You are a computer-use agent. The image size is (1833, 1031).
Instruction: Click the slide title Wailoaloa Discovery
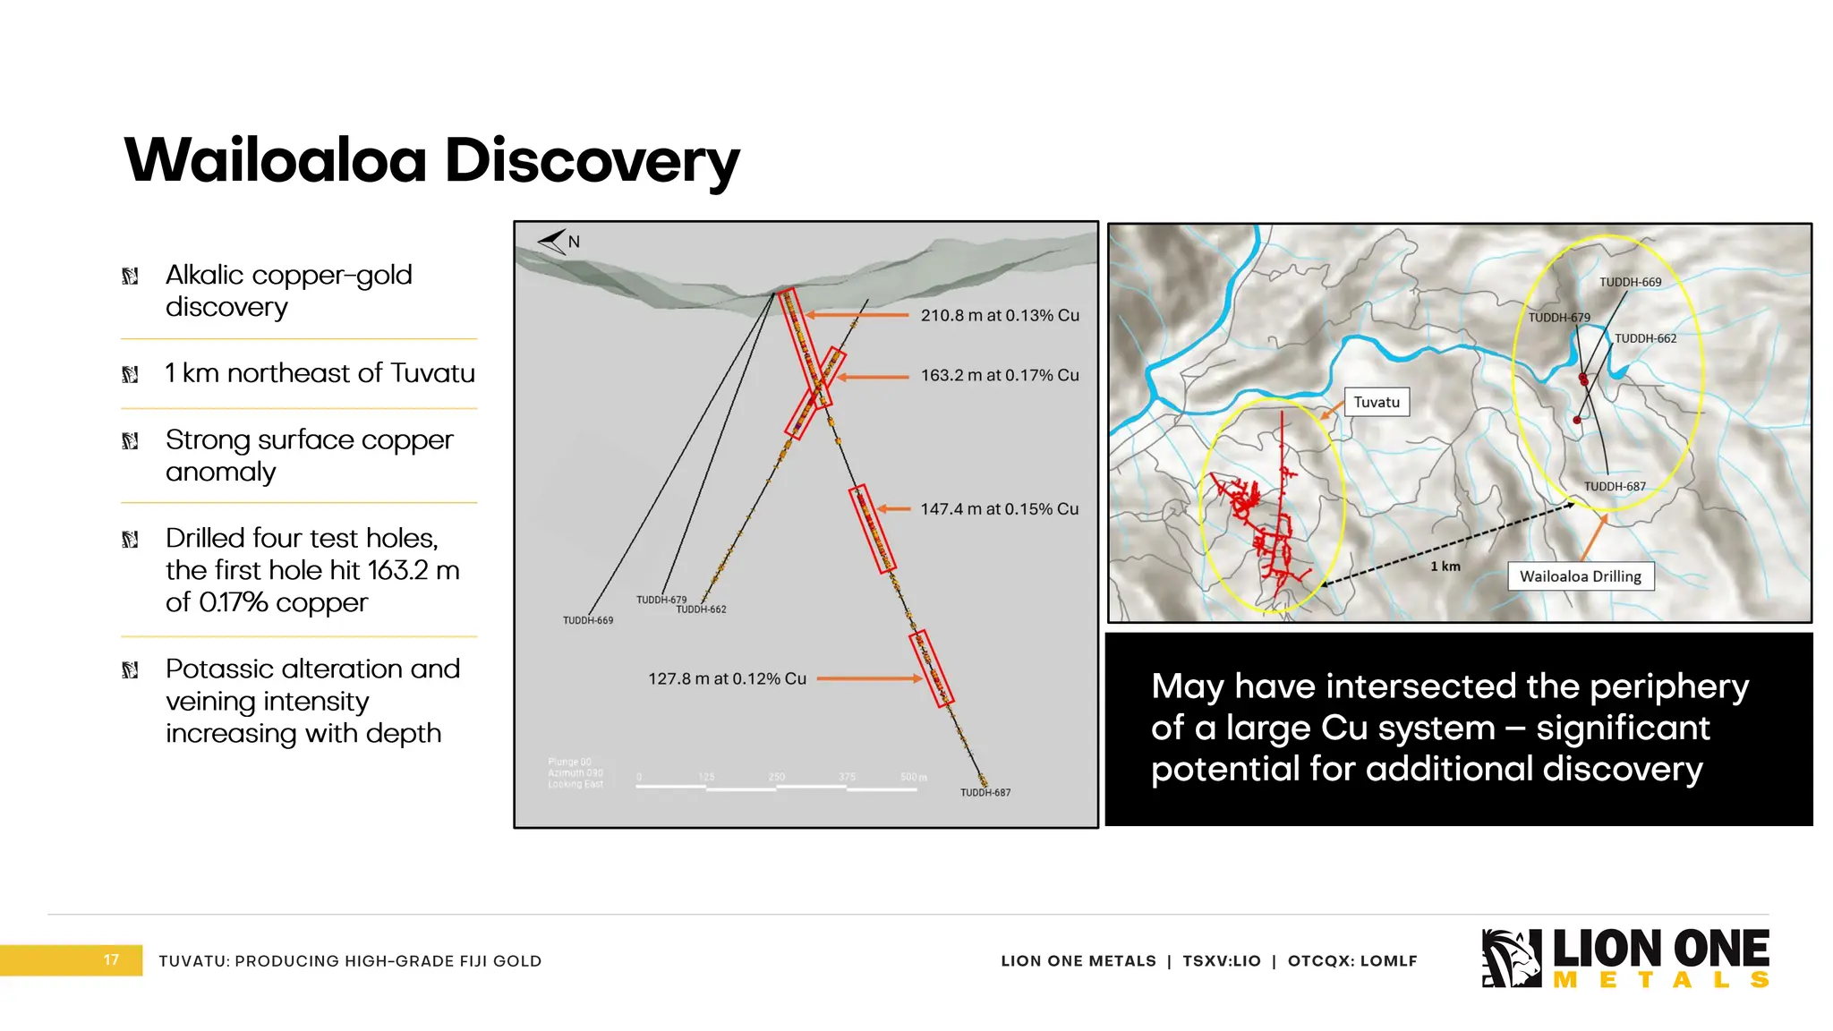[x=431, y=161]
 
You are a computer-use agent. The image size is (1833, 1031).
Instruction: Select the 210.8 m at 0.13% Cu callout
[x=1000, y=315]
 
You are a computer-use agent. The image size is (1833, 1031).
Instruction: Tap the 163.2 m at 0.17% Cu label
[x=1000, y=375]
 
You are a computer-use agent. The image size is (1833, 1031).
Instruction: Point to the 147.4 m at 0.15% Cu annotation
[x=1000, y=508]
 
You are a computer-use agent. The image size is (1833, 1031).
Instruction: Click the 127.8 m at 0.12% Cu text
[x=727, y=678]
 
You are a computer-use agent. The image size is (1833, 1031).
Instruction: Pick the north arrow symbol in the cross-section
[x=553, y=241]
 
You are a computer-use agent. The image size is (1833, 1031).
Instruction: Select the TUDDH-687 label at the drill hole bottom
[x=985, y=793]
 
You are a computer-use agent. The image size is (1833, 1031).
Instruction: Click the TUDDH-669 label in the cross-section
[x=588, y=620]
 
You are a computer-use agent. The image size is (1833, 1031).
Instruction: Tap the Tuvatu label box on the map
[x=1377, y=402]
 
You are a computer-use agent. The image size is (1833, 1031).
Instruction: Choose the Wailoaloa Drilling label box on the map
[x=1581, y=576]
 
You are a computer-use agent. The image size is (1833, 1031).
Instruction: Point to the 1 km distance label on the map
[x=1445, y=567]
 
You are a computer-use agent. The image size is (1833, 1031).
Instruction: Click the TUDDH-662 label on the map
[x=1645, y=338]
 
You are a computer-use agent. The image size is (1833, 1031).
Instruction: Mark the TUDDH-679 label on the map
[x=1558, y=318]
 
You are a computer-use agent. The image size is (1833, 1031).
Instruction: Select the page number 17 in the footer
[x=111, y=960]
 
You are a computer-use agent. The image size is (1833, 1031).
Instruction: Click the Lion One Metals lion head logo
[x=1511, y=959]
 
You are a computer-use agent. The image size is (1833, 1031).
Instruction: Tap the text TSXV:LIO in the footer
[x=1222, y=961]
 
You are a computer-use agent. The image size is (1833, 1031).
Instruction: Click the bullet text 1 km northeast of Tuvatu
[x=320, y=373]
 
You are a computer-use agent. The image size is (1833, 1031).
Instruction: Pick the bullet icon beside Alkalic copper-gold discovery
[x=130, y=276]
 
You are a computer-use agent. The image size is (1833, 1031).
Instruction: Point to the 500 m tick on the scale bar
[x=914, y=777]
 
